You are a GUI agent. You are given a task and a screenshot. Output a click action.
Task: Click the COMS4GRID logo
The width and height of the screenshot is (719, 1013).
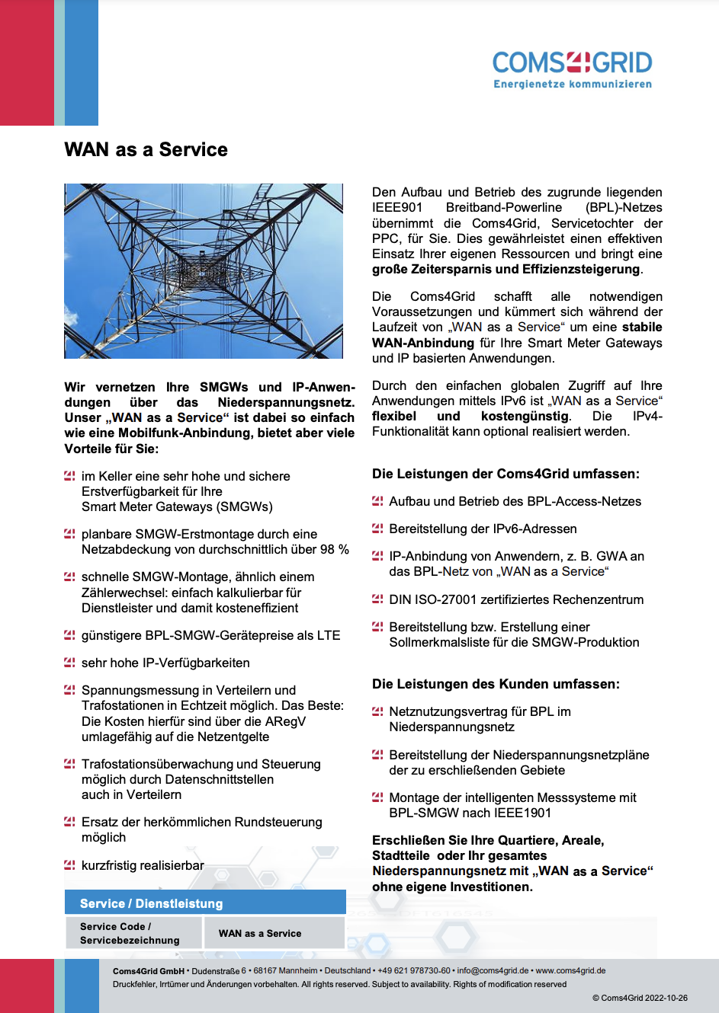572,63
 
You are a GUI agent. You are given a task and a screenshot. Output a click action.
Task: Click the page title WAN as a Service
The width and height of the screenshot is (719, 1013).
146,149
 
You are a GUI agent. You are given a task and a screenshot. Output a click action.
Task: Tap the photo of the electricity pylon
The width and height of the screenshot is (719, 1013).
204,270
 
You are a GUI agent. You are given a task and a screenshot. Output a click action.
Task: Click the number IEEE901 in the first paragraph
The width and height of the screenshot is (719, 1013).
397,207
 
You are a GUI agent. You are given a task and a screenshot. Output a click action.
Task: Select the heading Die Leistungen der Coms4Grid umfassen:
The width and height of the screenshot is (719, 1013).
506,474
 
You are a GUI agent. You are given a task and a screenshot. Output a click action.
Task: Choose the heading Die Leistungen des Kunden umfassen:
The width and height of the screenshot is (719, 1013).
496,684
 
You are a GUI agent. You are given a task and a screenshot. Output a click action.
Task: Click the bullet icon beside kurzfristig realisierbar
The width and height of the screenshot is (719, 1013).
69,865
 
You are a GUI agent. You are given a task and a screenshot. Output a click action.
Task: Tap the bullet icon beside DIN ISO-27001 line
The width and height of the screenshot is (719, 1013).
377,599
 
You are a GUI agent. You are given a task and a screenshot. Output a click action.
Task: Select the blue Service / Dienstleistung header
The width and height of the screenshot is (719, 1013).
205,903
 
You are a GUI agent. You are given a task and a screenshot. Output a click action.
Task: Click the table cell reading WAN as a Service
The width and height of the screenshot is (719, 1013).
260,933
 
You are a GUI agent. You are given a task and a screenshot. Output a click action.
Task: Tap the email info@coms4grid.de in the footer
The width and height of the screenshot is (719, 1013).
493,970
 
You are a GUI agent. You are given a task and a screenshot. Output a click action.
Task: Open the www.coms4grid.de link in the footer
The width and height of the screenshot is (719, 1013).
570,970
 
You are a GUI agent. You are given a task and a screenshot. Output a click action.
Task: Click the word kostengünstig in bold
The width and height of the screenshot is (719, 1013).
525,416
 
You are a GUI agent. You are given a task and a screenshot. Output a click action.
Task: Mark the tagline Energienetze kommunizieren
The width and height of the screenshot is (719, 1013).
573,84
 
